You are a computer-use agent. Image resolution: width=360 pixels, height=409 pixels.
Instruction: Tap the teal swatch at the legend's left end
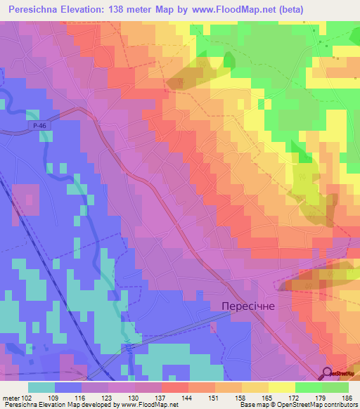[41, 387]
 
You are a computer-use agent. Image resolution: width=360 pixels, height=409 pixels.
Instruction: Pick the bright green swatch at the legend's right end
[335, 387]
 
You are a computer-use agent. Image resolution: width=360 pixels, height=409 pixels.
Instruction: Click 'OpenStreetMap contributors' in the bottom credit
[319, 405]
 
